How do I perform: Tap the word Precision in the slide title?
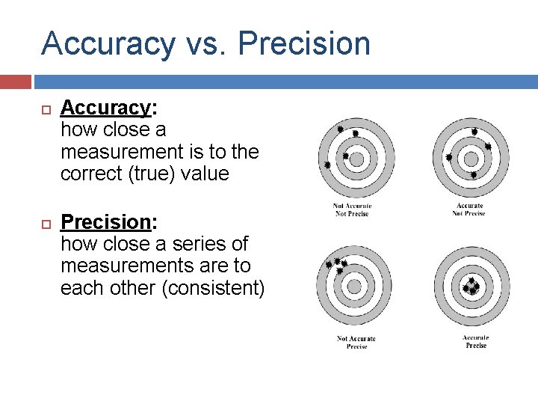[304, 43]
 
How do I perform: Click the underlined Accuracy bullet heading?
[106, 108]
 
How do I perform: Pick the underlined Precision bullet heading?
[106, 222]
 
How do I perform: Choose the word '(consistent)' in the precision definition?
[213, 288]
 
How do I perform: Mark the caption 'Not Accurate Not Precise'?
[353, 209]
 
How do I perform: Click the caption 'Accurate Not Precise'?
[469, 209]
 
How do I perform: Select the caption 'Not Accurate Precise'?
[356, 342]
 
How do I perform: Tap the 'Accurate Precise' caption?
[475, 342]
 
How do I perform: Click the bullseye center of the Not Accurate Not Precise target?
[356, 159]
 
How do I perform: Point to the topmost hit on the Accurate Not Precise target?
[474, 132]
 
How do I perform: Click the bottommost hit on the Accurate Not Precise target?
[473, 174]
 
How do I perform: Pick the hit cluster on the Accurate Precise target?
[471, 287]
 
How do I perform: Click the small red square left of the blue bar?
[16, 82]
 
